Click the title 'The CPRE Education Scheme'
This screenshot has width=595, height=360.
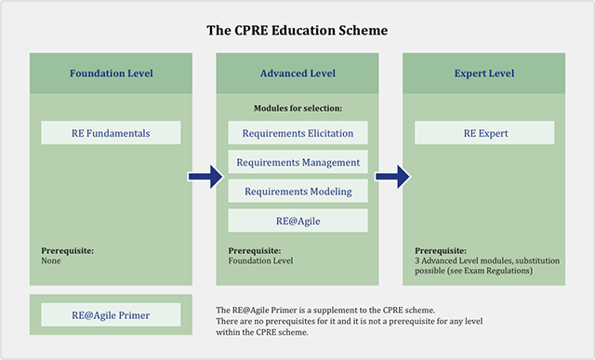[x=297, y=30]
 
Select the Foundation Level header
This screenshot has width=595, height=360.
[x=112, y=73]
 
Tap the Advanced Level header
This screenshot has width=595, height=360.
[x=297, y=73]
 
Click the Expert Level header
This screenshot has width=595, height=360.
[x=483, y=73]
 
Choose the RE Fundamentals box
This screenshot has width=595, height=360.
[x=111, y=133]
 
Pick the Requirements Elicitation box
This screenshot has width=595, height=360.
[x=297, y=133]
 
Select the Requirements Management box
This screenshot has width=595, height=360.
[x=297, y=162]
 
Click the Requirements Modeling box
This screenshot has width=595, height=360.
[x=297, y=191]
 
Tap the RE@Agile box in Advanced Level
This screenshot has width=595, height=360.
[x=297, y=220]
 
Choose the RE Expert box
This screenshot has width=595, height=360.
[x=483, y=133]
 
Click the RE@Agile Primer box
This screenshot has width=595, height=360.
[x=111, y=314]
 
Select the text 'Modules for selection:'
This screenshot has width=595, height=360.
[x=297, y=109]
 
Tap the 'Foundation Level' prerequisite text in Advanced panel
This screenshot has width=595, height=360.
[x=260, y=261]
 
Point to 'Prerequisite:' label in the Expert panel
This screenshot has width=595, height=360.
[x=441, y=250]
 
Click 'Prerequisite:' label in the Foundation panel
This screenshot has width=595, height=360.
[x=68, y=250]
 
